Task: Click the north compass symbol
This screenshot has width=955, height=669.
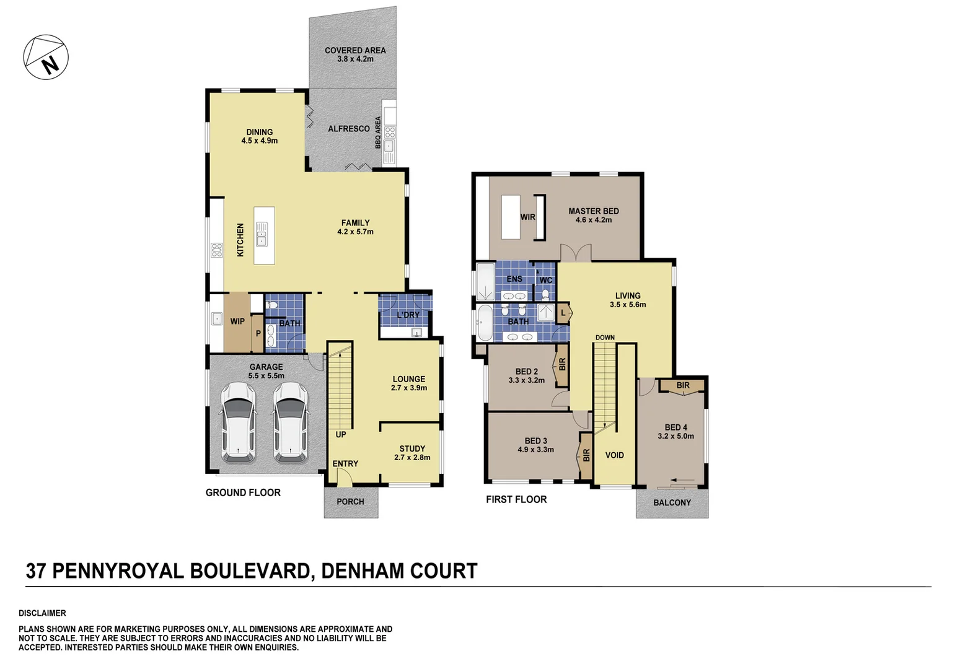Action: [46, 57]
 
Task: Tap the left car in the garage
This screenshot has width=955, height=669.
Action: [238, 422]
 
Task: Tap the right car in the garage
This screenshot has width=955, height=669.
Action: [291, 422]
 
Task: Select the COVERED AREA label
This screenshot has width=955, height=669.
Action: [355, 51]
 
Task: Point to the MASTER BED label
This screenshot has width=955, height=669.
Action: [593, 211]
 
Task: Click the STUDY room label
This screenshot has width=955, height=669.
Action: [412, 448]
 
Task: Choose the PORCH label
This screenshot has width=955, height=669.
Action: [350, 502]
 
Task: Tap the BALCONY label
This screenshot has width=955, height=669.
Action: [672, 502]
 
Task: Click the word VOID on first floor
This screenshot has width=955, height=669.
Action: [614, 455]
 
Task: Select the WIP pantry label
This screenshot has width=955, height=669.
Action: [237, 321]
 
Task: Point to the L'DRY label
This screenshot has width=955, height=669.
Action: [408, 315]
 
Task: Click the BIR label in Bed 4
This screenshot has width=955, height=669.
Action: [682, 385]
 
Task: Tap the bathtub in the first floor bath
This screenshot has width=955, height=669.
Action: [484, 323]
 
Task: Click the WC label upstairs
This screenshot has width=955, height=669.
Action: [545, 281]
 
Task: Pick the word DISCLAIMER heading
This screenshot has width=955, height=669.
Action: [42, 613]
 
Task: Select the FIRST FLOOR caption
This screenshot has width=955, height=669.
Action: [516, 499]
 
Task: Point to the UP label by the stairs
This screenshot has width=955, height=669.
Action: [341, 435]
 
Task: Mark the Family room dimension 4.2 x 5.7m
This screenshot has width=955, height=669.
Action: [355, 232]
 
